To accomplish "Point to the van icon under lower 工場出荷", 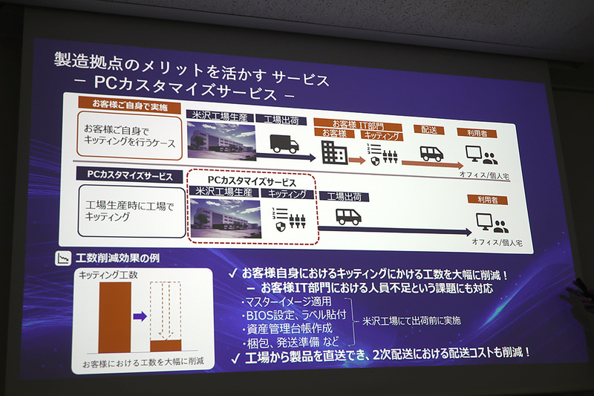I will click(348, 216).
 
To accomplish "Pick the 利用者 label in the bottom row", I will click(483, 200).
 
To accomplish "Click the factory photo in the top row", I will click(219, 144).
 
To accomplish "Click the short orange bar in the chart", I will click(166, 345).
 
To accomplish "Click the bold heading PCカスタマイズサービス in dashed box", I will click(252, 181).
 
